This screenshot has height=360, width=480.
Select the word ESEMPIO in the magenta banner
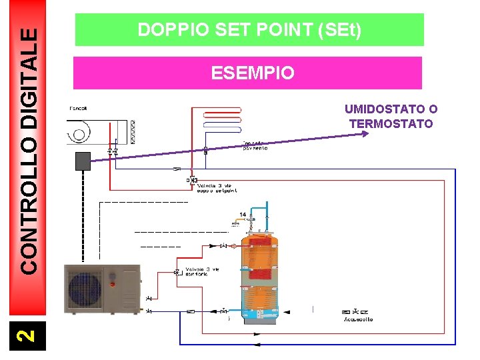[252, 73]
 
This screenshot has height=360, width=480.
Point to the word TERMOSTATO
[391, 123]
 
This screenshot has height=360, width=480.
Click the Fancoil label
[77, 109]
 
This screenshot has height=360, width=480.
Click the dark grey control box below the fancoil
[83, 161]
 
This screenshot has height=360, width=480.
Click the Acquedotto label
[359, 319]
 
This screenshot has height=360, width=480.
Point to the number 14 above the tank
[242, 215]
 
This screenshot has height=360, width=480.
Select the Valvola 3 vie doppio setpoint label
[217, 188]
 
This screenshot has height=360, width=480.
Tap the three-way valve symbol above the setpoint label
[193, 180]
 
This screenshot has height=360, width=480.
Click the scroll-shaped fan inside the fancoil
[79, 131]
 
